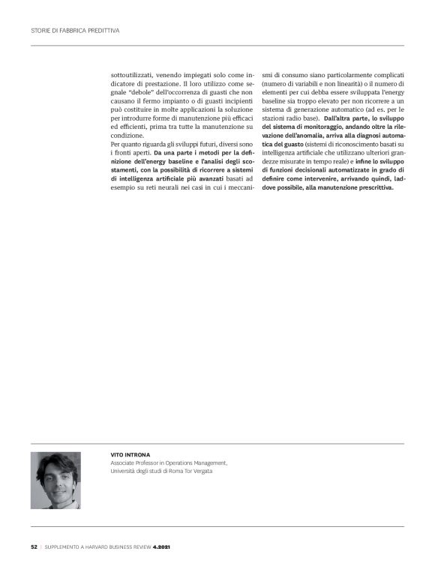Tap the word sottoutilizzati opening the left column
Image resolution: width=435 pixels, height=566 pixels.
pos(132,76)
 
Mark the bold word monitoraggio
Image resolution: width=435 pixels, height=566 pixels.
pos(329,127)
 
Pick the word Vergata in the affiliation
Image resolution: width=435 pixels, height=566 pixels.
pos(214,472)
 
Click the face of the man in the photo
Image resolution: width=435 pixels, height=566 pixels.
pos(55,477)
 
